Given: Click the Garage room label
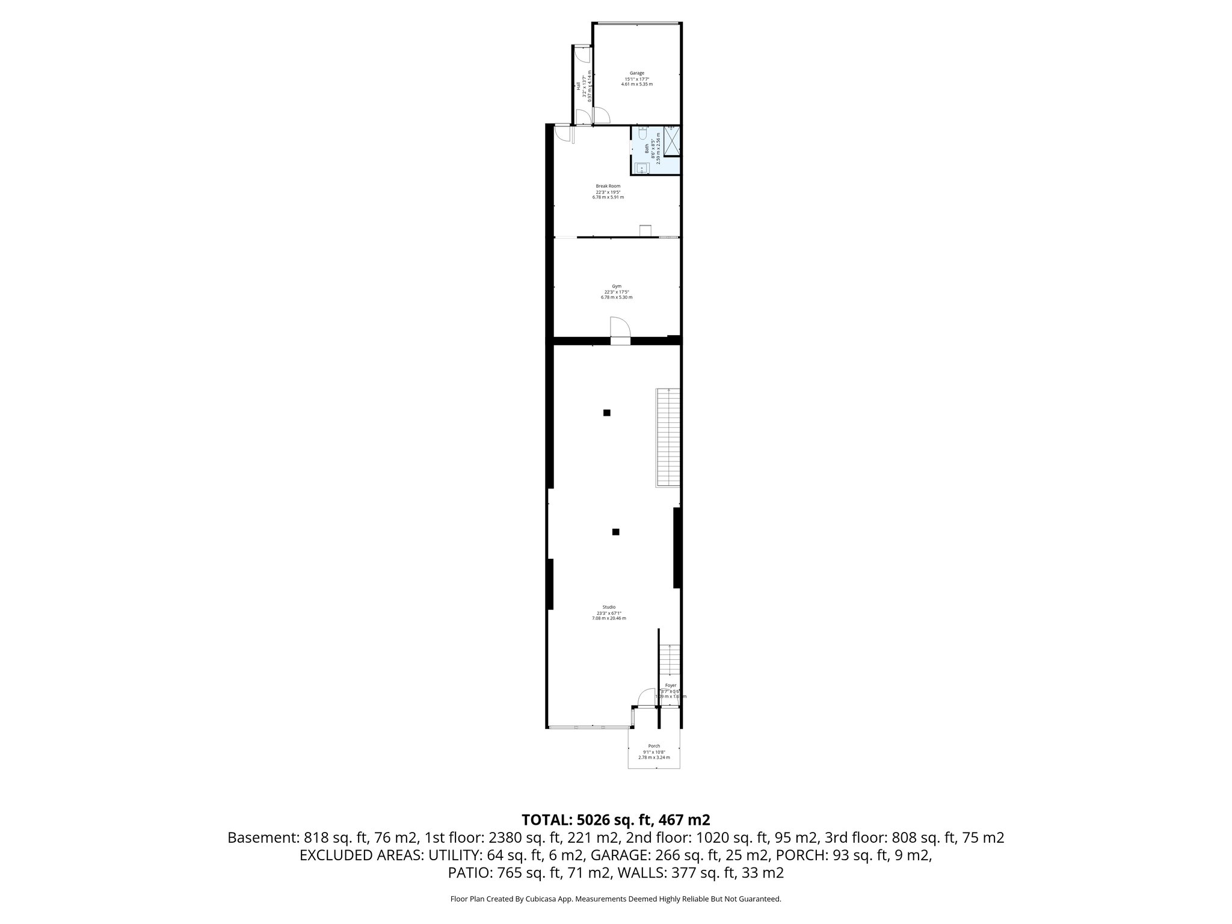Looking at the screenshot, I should click(636, 73).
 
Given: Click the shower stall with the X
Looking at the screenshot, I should click(671, 140).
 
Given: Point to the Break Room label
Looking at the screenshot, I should click(608, 186).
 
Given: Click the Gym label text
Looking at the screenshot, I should click(617, 286).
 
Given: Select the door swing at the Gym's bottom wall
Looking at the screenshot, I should click(620, 328).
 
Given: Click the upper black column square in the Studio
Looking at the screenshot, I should click(607, 413).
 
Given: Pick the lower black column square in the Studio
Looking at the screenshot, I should click(615, 532).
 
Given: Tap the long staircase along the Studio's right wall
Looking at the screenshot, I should click(668, 437).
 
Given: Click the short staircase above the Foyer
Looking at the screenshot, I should click(670, 661).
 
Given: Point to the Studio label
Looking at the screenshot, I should click(609, 607).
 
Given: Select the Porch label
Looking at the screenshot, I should click(654, 746).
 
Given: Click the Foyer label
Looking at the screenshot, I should click(670, 685).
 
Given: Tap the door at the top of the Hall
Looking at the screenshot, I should click(581, 54).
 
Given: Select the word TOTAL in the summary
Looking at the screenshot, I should click(546, 820).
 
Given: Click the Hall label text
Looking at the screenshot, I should click(578, 86).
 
